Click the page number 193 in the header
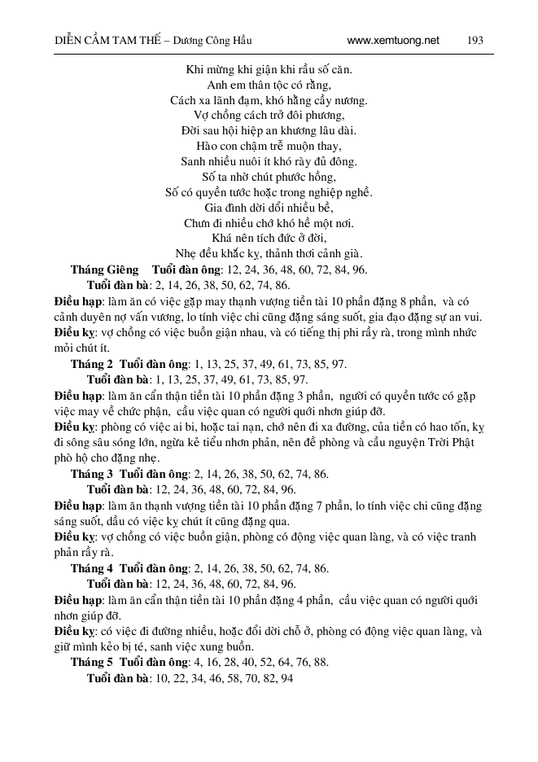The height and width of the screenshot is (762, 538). tap(476, 39)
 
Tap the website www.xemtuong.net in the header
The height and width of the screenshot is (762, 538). tap(393, 39)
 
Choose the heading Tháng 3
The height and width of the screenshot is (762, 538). tap(92, 474)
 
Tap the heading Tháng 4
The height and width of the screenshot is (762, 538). tap(92, 569)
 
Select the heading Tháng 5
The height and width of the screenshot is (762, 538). tap(92, 663)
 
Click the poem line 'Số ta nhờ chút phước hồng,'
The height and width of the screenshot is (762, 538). tap(269, 177)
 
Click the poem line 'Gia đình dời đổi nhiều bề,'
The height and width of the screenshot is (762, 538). tap(269, 208)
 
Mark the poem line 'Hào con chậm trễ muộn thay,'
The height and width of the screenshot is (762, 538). tap(269, 146)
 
